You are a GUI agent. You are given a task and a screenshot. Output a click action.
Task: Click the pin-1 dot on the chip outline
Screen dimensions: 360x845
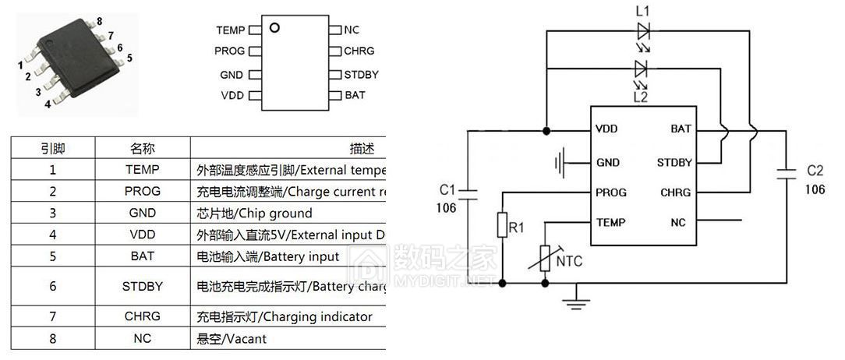274,29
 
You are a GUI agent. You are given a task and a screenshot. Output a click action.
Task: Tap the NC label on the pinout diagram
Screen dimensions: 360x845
352,30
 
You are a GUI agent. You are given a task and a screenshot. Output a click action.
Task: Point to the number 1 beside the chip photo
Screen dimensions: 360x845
19,65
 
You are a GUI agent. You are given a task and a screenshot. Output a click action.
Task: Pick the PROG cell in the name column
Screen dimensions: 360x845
142,191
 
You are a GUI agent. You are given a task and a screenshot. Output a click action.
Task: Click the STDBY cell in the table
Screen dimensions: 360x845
142,286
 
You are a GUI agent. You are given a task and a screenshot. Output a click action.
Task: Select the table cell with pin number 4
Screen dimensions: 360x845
52,234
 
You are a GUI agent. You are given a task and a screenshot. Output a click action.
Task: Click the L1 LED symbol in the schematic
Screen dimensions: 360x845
644,31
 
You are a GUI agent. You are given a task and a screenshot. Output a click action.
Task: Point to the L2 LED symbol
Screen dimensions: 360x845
644,69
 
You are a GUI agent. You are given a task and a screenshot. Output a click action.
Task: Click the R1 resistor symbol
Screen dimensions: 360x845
503,225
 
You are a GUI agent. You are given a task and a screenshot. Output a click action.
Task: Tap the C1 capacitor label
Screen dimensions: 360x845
447,189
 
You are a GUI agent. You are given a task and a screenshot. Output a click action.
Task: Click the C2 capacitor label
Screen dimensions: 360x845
815,170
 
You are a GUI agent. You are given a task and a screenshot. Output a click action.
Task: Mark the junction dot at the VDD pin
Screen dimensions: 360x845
546,129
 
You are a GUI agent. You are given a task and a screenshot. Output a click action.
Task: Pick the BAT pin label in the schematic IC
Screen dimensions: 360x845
681,129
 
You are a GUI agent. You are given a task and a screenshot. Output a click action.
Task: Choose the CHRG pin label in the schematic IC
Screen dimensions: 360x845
675,192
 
